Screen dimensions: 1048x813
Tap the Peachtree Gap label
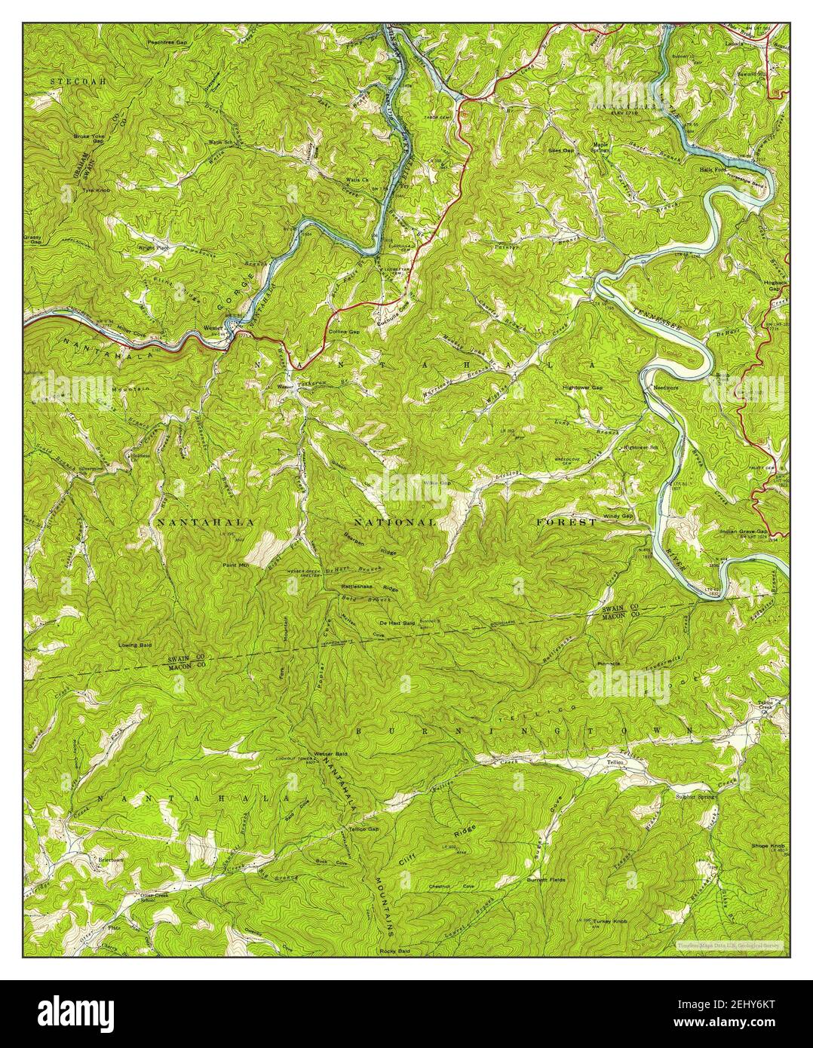(167, 43)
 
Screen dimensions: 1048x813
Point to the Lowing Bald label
(135, 645)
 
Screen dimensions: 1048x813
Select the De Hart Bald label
(397, 624)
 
